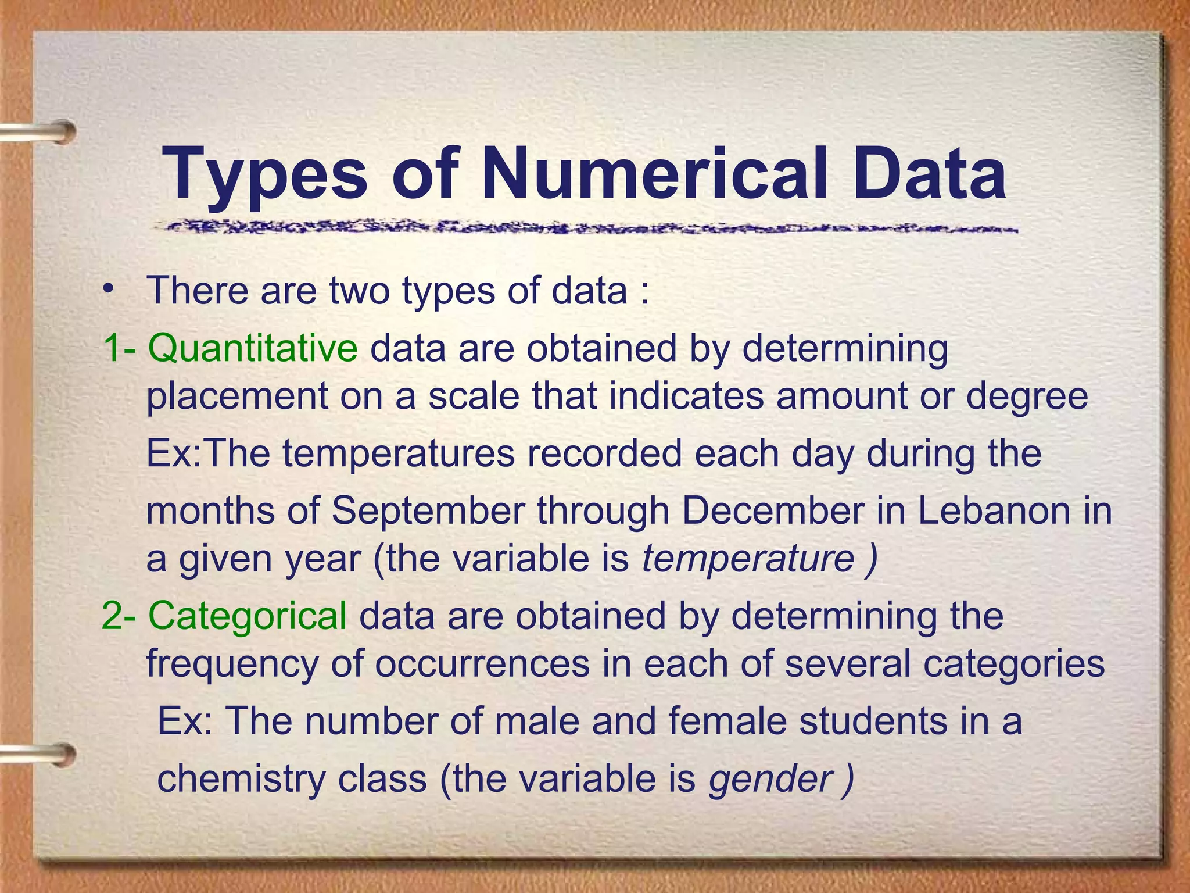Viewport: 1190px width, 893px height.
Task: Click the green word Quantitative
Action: pyautogui.click(x=253, y=348)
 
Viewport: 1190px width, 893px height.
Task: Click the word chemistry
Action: pyautogui.click(x=241, y=779)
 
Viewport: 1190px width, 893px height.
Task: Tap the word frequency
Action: pyautogui.click(x=232, y=665)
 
